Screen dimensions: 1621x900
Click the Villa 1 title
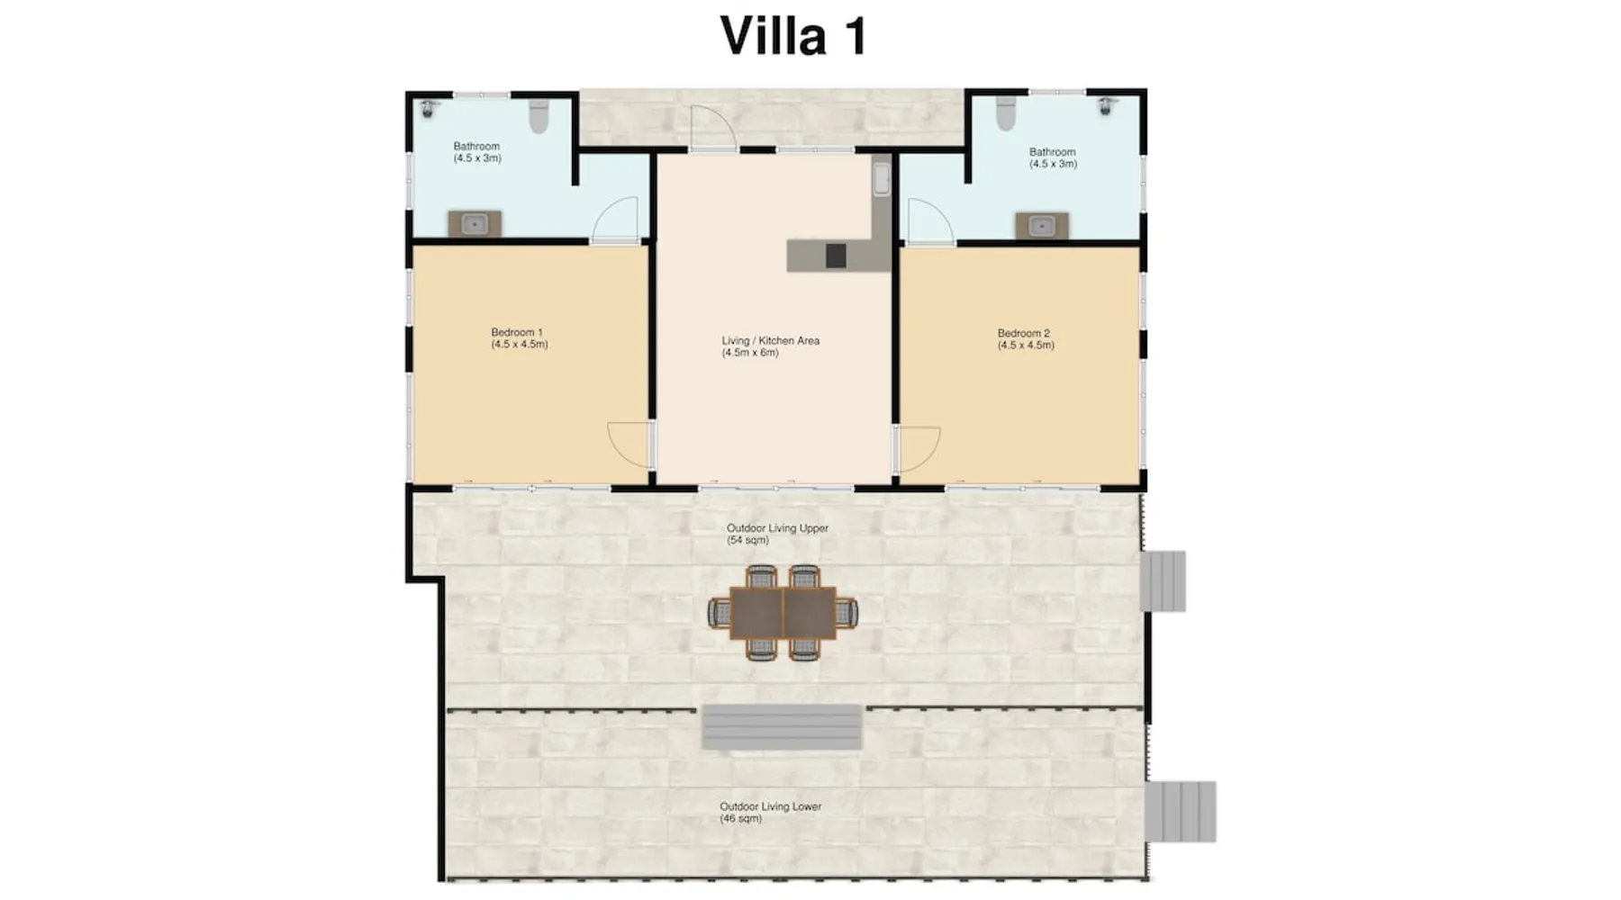click(x=793, y=36)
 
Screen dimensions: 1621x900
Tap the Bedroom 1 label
click(x=520, y=338)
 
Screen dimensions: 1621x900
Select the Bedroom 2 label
click(x=1026, y=339)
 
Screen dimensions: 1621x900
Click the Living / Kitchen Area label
click(x=771, y=346)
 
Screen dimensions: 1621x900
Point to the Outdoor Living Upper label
click(x=777, y=535)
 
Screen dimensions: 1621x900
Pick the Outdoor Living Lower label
click(x=770, y=813)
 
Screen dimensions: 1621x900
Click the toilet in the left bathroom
click(x=539, y=116)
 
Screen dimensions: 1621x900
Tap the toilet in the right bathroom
click(x=1006, y=113)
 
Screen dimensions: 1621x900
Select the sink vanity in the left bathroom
click(x=475, y=223)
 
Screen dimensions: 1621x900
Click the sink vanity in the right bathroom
click(x=1042, y=225)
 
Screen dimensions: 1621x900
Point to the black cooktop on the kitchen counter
click(x=836, y=256)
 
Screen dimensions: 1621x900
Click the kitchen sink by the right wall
click(x=882, y=178)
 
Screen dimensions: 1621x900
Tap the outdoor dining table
click(x=783, y=613)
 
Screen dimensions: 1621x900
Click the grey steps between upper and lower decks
click(x=782, y=727)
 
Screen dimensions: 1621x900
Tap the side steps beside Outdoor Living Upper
click(x=1163, y=581)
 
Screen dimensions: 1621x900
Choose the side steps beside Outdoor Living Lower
click(x=1180, y=812)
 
